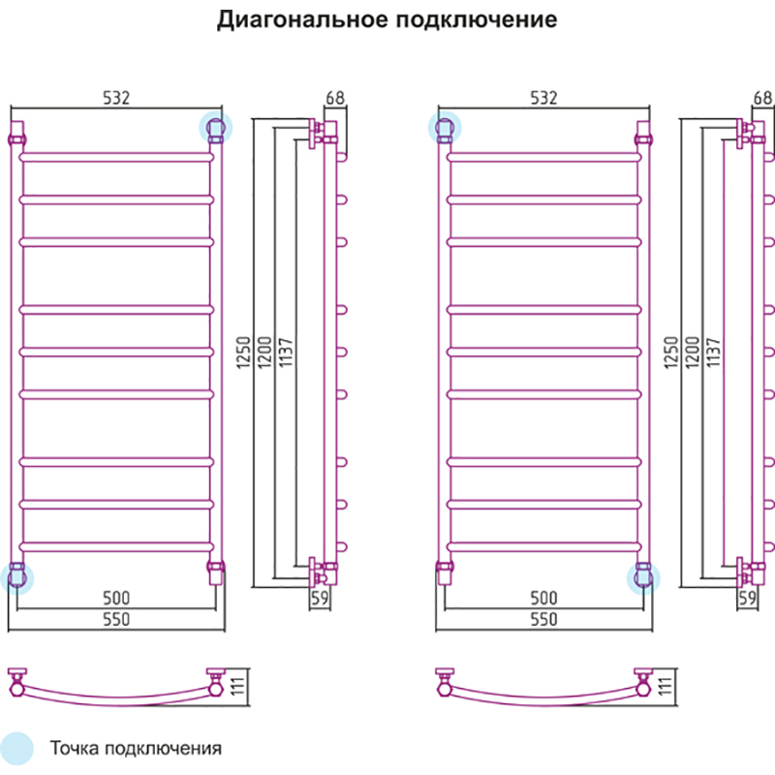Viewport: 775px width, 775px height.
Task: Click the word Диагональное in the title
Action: coord(301,20)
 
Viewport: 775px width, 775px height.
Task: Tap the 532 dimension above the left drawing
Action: coord(116,98)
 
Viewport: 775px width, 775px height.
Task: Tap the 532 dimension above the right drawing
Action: coord(543,98)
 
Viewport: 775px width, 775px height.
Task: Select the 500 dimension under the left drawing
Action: coord(116,598)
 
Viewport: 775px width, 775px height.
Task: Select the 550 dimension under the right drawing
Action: coord(543,619)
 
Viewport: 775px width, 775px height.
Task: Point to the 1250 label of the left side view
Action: coord(243,352)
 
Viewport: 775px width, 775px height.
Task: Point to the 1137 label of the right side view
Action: coord(713,352)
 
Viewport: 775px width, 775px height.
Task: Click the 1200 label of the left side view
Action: coord(264,352)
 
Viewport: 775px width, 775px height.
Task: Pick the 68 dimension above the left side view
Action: coord(335,98)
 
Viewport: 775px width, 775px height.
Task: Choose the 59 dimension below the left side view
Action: coord(320,598)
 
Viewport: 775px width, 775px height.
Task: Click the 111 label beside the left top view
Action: coord(238,686)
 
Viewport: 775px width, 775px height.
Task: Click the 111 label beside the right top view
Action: coord(666,686)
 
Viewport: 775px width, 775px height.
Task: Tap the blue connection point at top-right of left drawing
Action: coord(215,128)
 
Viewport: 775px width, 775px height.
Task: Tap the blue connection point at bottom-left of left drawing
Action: coord(16,577)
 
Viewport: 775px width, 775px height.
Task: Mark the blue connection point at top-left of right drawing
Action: coord(445,128)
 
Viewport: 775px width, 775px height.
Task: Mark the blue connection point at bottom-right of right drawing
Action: coord(643,577)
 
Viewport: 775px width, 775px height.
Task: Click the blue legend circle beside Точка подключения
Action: coord(16,748)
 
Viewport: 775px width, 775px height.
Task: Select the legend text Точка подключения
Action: coord(136,748)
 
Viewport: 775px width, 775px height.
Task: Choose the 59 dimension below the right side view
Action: coord(747,598)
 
